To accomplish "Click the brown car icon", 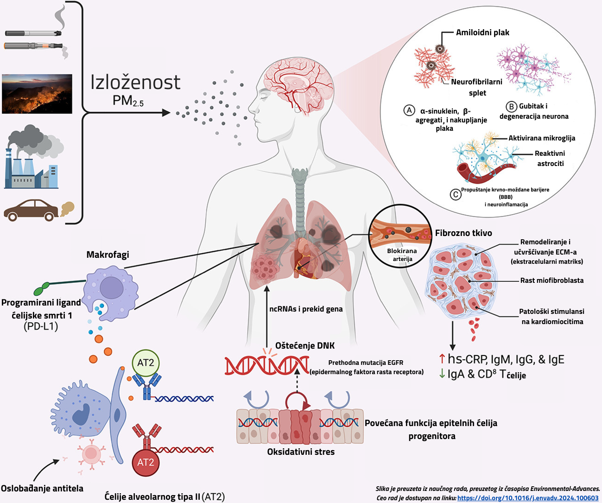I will tap(32, 210).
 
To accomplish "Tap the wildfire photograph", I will tap(37, 94).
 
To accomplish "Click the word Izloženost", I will tap(135, 83).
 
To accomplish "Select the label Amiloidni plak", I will tap(482, 32).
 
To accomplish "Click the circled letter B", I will tap(511, 107).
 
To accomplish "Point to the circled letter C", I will tap(456, 194).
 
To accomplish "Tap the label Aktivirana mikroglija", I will tap(542, 138).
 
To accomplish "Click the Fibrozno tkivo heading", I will tap(463, 233).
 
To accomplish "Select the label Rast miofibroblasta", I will tap(552, 280).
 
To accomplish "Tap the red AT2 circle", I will tap(146, 462).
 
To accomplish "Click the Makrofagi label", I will tap(108, 255).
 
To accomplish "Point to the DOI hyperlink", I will tap(528, 498).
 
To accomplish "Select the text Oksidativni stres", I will tap(301, 452).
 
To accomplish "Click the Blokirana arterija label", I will tap(402, 255).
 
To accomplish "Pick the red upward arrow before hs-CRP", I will tap(442, 359).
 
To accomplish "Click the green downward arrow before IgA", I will tap(442, 374).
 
